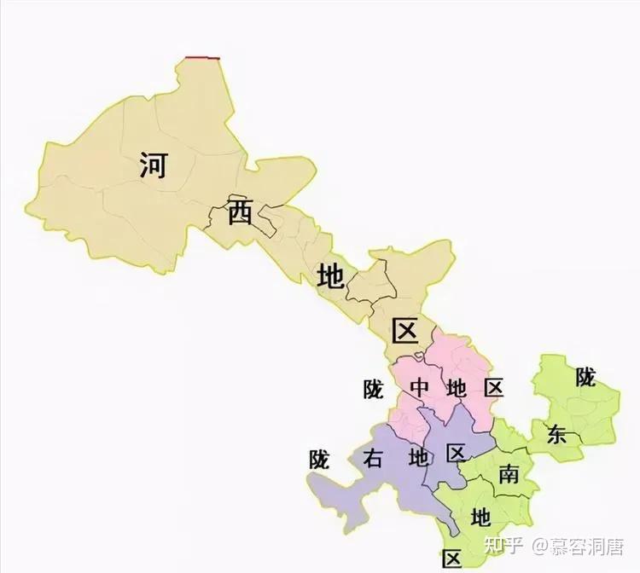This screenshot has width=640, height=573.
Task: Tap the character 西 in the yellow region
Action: coord(240,214)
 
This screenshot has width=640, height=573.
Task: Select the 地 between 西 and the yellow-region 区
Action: coord(330,276)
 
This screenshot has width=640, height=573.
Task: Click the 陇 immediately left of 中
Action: coord(374,389)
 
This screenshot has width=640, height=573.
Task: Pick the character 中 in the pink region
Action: coord(419,388)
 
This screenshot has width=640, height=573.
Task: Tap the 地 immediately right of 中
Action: coord(457,388)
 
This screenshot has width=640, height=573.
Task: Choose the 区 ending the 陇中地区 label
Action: coord(493,388)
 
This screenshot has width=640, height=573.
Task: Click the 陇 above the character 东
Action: coord(585,377)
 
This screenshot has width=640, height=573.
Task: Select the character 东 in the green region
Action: coord(556,434)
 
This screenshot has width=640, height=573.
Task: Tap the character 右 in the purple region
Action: coord(373,458)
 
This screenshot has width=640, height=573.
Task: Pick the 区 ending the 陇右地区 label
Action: coord(456,453)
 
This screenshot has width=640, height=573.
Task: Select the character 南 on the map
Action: coord(509,474)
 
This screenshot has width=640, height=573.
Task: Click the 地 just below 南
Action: coord(481,517)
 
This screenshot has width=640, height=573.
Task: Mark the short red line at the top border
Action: coord(203,58)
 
